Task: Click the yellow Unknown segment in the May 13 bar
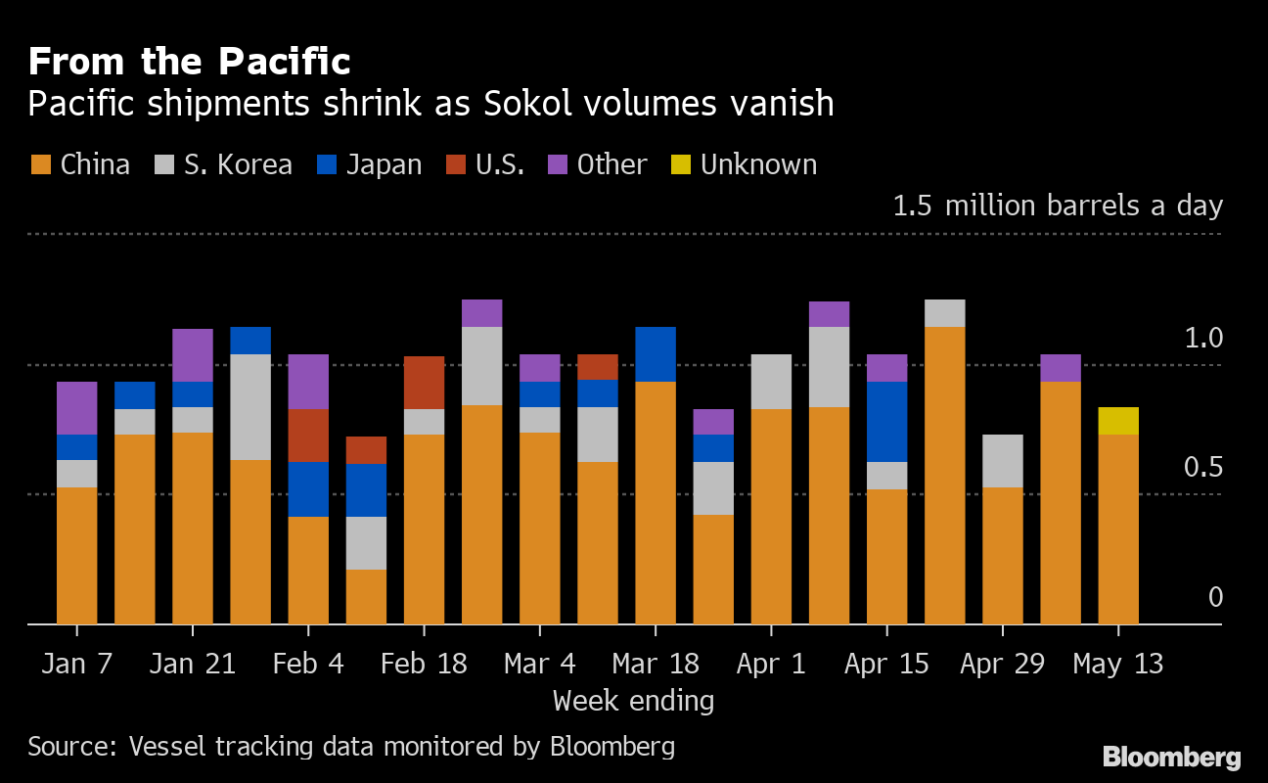tap(1118, 421)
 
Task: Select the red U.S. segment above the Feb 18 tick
tap(424, 383)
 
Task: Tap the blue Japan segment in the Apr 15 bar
tap(886, 422)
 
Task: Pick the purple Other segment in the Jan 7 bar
tap(77, 408)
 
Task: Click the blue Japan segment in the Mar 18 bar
tap(656, 354)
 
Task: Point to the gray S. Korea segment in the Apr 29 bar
tap(1003, 461)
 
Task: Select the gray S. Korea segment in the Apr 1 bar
tap(771, 382)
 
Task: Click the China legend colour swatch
tap(41, 164)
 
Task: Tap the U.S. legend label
tap(500, 164)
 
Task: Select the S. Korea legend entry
tap(225, 164)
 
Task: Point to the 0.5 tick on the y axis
tap(1203, 468)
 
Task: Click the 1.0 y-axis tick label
tap(1203, 339)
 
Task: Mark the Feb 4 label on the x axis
tap(308, 664)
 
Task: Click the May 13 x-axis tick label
tap(1118, 664)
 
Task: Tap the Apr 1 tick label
tap(772, 664)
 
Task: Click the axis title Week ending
tap(633, 701)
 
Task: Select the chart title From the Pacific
tap(189, 62)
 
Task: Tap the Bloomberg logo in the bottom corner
tap(1171, 757)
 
